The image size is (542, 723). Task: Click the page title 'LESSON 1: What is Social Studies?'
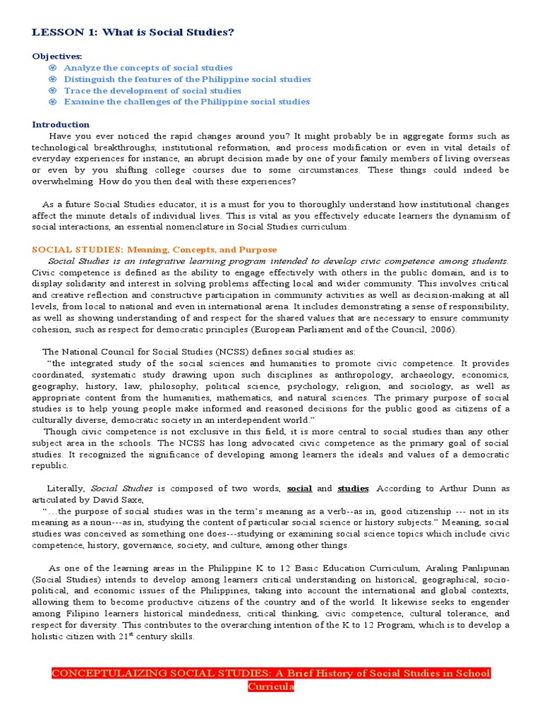pyautogui.click(x=133, y=32)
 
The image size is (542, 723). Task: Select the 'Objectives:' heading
pyautogui.click(x=57, y=56)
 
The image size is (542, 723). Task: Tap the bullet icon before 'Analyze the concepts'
pyautogui.click(x=52, y=68)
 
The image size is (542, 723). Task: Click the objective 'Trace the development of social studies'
pyautogui.click(x=152, y=90)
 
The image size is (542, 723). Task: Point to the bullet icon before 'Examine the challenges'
pyautogui.click(x=52, y=102)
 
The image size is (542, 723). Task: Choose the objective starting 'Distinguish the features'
pyautogui.click(x=187, y=79)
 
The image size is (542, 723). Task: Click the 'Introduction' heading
pyautogui.click(x=61, y=124)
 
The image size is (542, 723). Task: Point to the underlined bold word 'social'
pyautogui.click(x=300, y=488)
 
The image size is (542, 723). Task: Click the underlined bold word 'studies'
pyautogui.click(x=353, y=488)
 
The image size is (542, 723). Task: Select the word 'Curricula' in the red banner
pyautogui.click(x=271, y=686)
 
